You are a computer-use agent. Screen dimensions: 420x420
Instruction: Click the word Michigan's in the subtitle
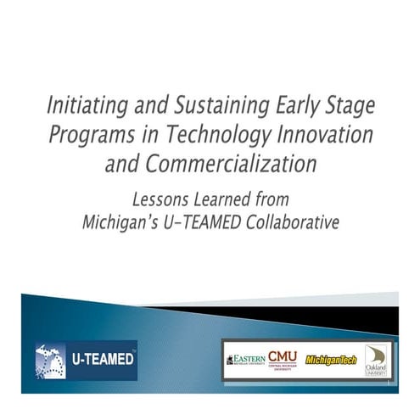tap(123, 222)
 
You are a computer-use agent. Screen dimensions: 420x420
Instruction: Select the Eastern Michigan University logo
tap(245, 360)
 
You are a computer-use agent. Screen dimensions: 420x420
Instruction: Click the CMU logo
tap(283, 358)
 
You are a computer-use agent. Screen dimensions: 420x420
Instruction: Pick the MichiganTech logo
tap(331, 360)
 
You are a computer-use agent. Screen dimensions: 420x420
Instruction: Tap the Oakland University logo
tap(375, 360)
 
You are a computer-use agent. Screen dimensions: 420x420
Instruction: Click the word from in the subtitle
tap(273, 200)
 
